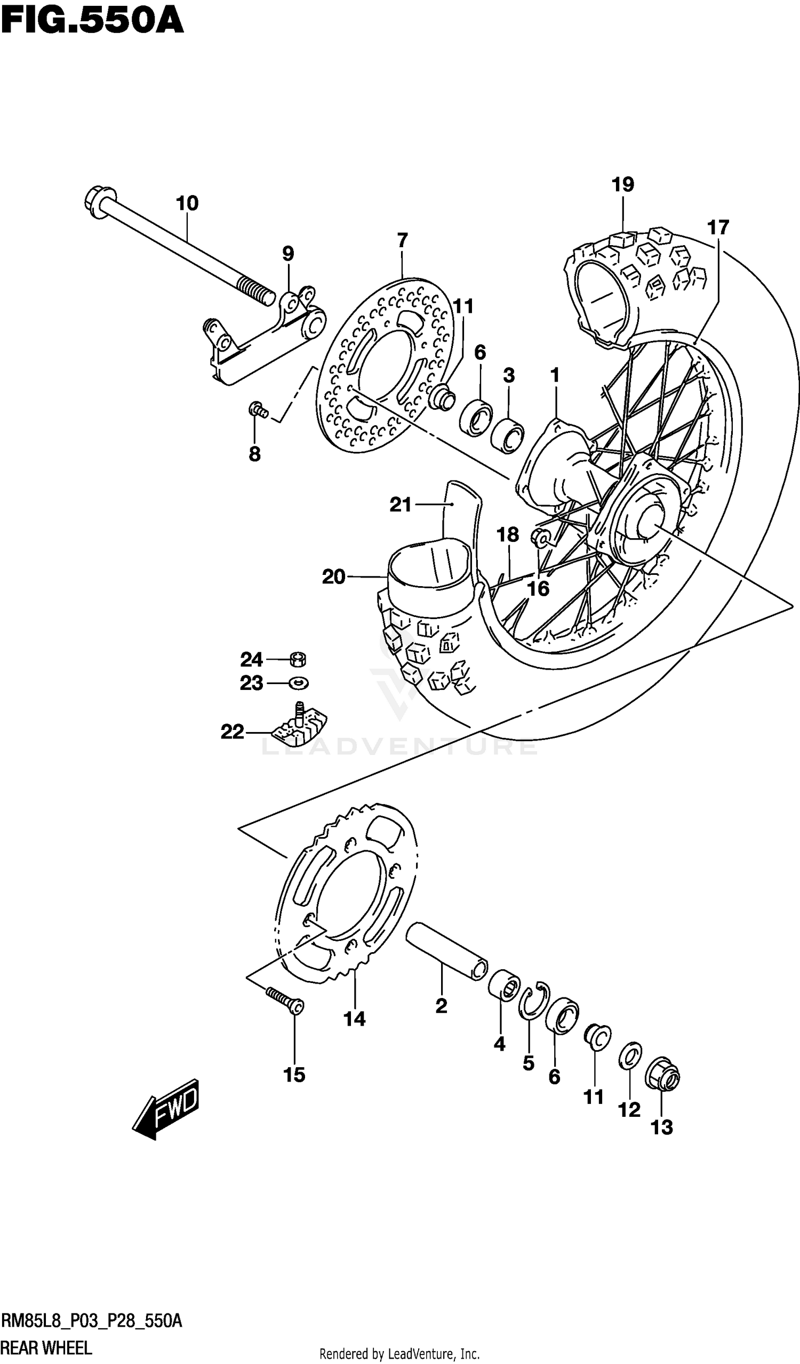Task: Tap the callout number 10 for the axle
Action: point(187,204)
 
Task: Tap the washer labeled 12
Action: point(630,1056)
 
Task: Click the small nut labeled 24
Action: point(298,659)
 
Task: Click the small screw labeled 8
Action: point(258,410)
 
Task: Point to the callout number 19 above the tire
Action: point(623,185)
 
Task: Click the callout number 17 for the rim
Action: point(718,228)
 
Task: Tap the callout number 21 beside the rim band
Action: point(401,505)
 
